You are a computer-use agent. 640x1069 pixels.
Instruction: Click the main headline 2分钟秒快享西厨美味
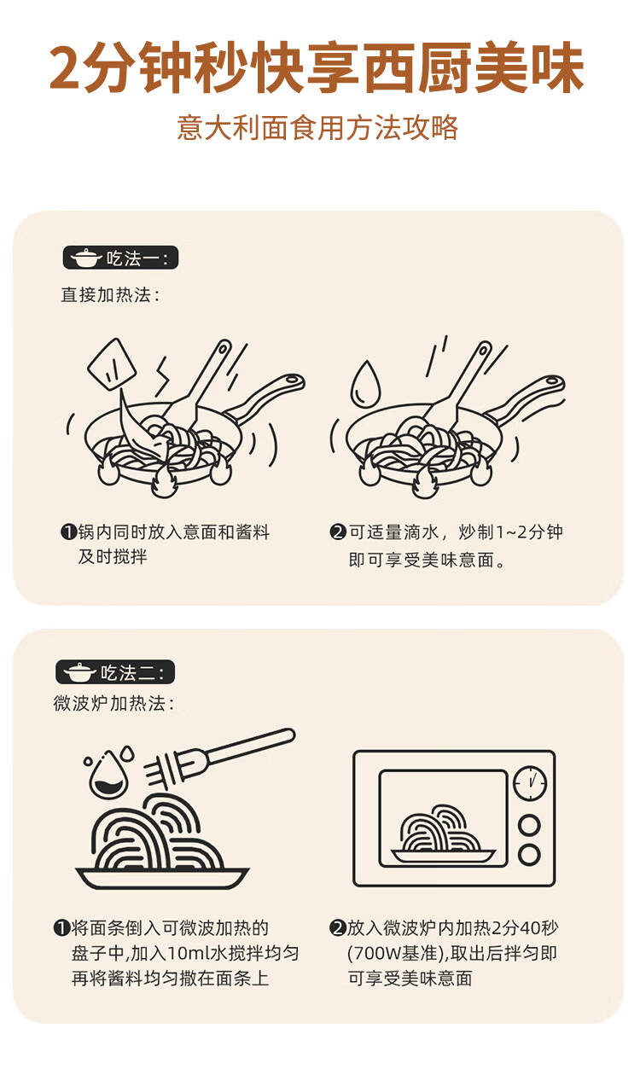pos(317,67)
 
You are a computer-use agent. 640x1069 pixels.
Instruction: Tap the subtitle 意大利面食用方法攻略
pos(317,128)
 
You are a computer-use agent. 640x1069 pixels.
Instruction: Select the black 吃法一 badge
pos(120,259)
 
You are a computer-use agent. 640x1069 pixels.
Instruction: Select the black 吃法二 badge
pos(115,672)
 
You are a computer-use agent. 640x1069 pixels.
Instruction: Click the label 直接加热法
pos(110,295)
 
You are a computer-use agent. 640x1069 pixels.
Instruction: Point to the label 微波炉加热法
pos(113,704)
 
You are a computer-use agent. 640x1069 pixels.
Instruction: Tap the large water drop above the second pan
pos(366,384)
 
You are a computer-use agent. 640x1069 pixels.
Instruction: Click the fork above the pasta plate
pos(219,759)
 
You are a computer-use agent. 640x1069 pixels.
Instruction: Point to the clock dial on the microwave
pos(530,783)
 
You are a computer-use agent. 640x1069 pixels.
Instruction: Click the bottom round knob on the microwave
pos(529,855)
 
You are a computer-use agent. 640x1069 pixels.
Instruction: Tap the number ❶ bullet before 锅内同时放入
pos(69,532)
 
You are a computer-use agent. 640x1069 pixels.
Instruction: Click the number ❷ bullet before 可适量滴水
pos(338,532)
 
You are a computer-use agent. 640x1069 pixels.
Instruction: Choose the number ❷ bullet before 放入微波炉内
pos(337,928)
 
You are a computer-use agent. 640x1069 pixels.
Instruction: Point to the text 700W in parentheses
pos(376,954)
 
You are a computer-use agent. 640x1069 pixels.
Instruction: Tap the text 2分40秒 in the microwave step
pos(525,928)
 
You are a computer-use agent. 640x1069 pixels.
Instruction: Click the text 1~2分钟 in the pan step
pos(529,532)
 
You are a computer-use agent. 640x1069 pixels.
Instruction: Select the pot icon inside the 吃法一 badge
pos(86,259)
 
